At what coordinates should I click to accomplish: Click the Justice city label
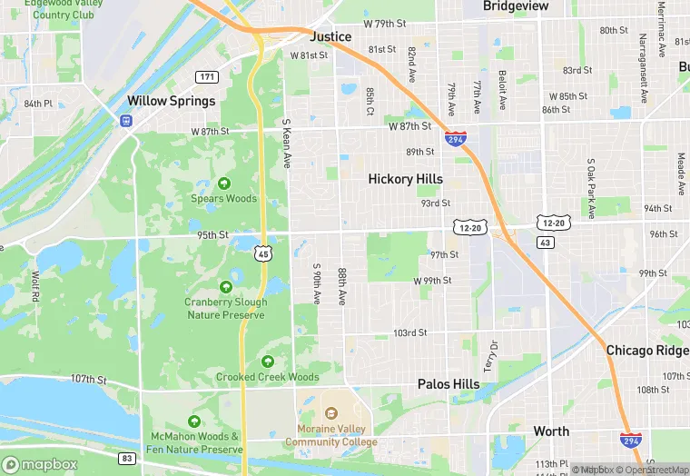coord(330,36)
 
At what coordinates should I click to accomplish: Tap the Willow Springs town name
coord(172,101)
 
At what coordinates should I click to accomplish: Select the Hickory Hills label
coord(405,179)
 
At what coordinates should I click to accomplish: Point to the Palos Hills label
coord(448,384)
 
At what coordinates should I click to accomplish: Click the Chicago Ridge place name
coord(647,350)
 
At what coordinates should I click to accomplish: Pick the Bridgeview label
coord(516,6)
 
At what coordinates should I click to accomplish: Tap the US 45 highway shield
coord(262,254)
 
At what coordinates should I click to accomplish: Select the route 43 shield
coord(545,243)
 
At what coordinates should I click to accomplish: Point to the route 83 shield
coord(127,458)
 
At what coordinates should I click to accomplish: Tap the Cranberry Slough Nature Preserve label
coord(225,309)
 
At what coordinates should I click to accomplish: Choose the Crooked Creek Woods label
coord(267,377)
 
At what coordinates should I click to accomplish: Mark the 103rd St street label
coord(409,333)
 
